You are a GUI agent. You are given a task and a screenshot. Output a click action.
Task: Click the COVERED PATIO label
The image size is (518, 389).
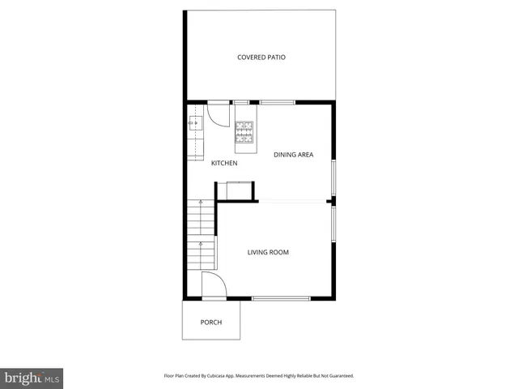tap(261, 58)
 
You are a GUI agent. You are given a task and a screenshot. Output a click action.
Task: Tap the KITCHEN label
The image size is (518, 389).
tap(224, 164)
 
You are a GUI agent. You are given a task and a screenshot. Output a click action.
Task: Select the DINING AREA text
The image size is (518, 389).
tap(293, 155)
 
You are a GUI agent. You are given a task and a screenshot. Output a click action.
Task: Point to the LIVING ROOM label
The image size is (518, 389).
tap(268, 253)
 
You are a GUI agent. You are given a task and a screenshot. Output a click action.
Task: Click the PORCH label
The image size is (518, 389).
tap(211, 323)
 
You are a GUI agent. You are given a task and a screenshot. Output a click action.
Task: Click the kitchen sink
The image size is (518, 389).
tap(196, 123)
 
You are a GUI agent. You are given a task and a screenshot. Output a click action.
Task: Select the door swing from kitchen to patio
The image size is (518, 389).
tap(216, 114)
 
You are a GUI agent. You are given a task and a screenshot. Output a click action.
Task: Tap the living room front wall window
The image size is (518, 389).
tap(281, 299)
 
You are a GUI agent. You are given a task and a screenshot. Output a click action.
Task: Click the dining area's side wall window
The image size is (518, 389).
tap(333, 178)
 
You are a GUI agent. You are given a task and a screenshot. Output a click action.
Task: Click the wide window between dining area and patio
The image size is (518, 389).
tap(277, 102)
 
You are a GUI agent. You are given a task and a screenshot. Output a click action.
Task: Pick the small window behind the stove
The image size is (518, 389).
tap(240, 102)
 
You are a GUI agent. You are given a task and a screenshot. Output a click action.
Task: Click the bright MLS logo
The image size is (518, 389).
tap(32, 378)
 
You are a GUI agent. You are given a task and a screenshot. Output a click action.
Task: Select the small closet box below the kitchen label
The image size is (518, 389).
tap(238, 191)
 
